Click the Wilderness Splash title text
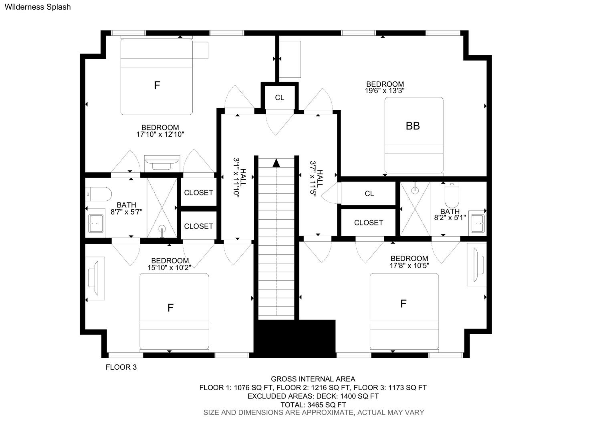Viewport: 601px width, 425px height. tap(38, 7)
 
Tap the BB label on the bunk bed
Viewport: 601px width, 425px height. tap(413, 126)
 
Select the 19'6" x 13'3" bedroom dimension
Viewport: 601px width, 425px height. tap(385, 91)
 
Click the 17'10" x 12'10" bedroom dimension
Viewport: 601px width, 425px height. tap(160, 134)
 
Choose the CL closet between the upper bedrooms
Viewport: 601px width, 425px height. tap(279, 98)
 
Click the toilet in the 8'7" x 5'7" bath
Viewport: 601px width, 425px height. tap(98, 194)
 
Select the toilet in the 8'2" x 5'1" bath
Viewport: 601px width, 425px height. tap(452, 195)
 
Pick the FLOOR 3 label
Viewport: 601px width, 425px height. tap(121, 367)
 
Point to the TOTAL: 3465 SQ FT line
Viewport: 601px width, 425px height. tap(313, 405)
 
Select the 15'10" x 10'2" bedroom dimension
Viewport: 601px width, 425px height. tap(169, 268)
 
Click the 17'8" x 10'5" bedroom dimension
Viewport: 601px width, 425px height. tap(409, 266)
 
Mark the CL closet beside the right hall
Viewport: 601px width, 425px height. tap(369, 193)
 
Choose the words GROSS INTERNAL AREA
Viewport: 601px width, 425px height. tap(313, 379)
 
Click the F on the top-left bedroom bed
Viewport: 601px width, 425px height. tap(157, 85)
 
